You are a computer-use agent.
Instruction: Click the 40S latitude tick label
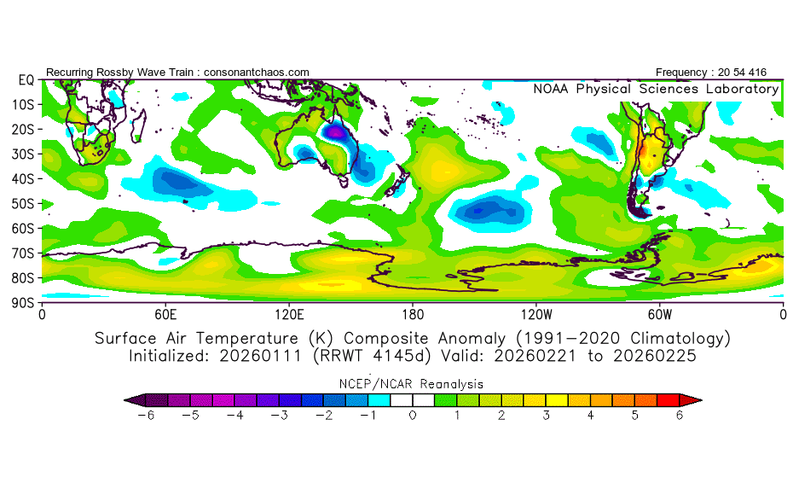tap(23, 179)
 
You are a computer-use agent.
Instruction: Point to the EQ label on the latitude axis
tap(26, 80)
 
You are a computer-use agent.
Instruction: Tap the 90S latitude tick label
tap(23, 303)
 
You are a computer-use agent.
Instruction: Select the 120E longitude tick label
tap(289, 315)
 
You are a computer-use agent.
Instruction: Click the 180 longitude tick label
tap(413, 315)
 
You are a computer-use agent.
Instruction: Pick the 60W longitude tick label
tap(660, 315)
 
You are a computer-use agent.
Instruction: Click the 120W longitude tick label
tap(536, 315)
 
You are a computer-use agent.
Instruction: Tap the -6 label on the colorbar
tap(146, 416)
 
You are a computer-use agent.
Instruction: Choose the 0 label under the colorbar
tap(413, 416)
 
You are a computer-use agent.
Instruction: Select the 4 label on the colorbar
tap(590, 416)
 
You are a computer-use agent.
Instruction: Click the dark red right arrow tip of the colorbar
tap(700, 400)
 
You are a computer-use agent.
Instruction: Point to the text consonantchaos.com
tap(257, 73)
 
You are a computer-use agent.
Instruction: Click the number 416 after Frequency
tap(757, 73)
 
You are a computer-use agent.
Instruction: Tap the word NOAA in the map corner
tap(551, 89)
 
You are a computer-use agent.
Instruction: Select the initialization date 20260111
tap(260, 356)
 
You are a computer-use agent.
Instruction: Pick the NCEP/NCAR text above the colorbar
tap(373, 384)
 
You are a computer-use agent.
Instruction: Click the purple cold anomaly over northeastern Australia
tap(334, 133)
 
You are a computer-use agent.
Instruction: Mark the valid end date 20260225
tap(655, 356)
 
